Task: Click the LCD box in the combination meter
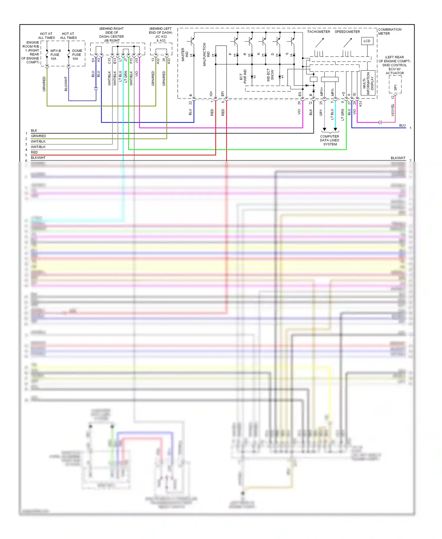pos(367,41)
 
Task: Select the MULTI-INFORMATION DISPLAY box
pos(368,83)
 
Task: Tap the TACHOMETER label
pos(319,32)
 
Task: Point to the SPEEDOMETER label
pos(347,32)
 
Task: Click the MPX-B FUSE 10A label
pos(55,55)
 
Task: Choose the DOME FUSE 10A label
pos(77,55)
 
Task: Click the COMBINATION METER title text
pos(390,32)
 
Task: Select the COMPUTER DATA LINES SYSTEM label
pos(330,140)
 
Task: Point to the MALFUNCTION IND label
pos(206,55)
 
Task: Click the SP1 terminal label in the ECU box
pos(395,88)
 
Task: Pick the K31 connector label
pos(360,103)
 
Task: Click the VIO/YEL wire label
pos(392,110)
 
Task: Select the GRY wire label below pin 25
pos(321,112)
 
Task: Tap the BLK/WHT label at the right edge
pos(398,158)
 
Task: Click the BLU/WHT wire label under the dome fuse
pos(66,84)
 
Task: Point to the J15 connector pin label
pos(137,60)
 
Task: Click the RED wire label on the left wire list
pos(34,152)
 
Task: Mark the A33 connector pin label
pos(169,61)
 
